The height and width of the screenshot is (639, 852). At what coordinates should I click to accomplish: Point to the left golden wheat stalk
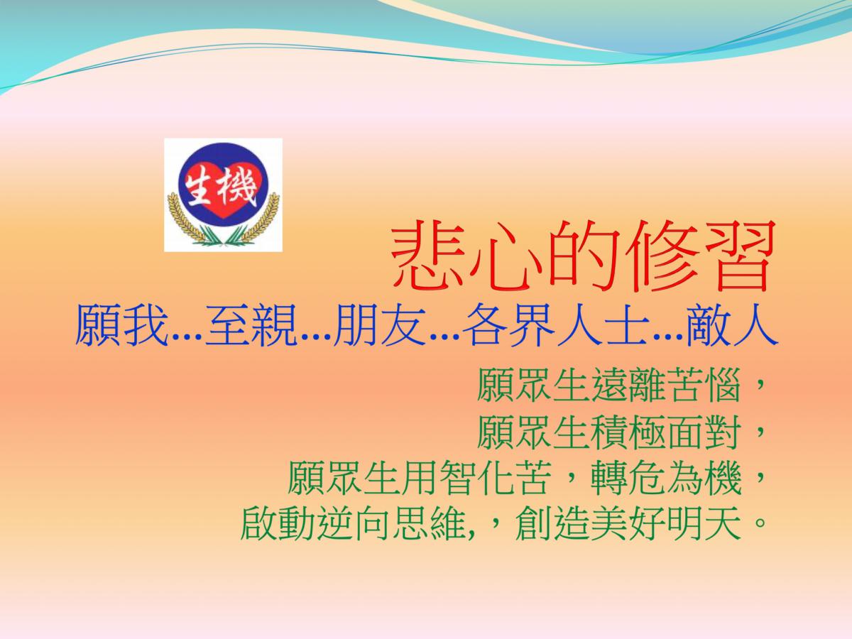coord(185,219)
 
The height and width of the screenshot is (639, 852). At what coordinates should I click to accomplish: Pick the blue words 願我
coord(121,325)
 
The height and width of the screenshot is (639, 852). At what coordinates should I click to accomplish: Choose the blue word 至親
coord(251,325)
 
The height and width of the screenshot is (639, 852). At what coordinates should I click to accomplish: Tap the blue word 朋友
coord(381,325)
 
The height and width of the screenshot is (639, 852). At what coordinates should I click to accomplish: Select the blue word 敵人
coord(733,325)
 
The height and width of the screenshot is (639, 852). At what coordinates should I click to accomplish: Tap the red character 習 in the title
coord(738,256)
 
